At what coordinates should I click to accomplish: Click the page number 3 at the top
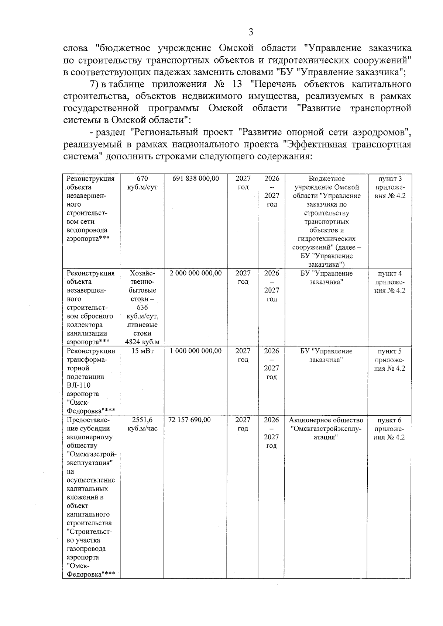(251, 32)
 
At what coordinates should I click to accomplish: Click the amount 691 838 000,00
(196, 179)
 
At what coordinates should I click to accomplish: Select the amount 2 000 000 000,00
(196, 273)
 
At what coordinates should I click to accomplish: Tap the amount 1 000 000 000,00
(196, 351)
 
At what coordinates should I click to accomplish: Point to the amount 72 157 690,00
(189, 420)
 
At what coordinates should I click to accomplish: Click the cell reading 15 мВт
(142, 351)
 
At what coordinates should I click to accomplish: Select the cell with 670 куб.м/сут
(142, 183)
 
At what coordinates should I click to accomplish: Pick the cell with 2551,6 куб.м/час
(142, 424)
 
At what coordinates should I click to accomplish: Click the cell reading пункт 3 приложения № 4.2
(390, 187)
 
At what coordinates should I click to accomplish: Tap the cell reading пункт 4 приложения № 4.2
(390, 282)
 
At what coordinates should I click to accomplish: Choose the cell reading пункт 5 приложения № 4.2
(390, 360)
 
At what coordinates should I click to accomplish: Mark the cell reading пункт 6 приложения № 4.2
(390, 428)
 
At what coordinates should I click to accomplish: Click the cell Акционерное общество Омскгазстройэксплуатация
(326, 428)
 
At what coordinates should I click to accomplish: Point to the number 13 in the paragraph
(237, 84)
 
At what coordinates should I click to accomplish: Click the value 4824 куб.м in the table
(142, 342)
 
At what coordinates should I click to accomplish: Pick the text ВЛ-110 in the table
(79, 385)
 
